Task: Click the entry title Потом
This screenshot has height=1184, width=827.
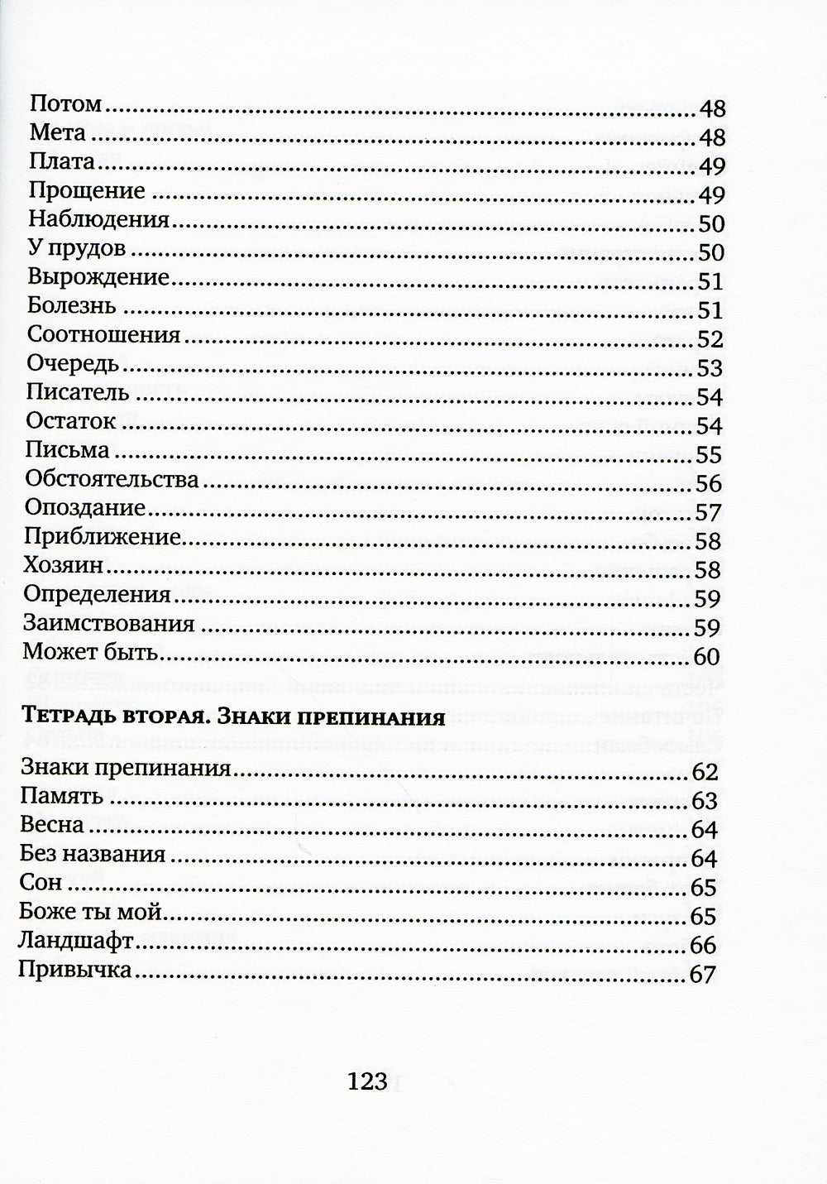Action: click(x=65, y=104)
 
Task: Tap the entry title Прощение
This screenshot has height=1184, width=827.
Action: click(x=87, y=191)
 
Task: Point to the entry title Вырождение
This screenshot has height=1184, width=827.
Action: click(x=98, y=277)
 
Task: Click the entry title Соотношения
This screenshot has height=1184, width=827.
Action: click(x=103, y=335)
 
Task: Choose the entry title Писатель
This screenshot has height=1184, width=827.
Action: click(x=77, y=393)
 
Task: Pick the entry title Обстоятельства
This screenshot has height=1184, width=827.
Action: click(x=112, y=480)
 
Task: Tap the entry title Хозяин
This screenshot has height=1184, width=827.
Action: click(x=64, y=566)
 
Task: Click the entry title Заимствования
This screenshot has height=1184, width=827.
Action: click(x=108, y=623)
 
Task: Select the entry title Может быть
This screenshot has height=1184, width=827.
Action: click(x=90, y=652)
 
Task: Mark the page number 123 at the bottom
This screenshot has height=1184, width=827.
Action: click(x=368, y=1081)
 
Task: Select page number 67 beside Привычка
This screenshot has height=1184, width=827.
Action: click(x=701, y=975)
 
